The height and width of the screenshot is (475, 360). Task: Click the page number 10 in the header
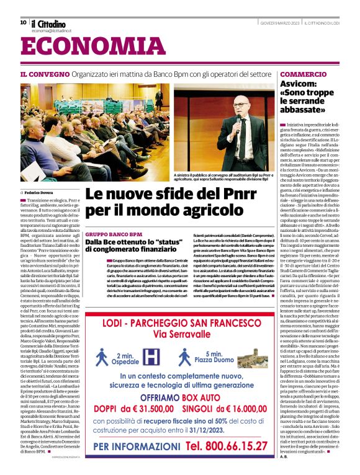tap(23, 22)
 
